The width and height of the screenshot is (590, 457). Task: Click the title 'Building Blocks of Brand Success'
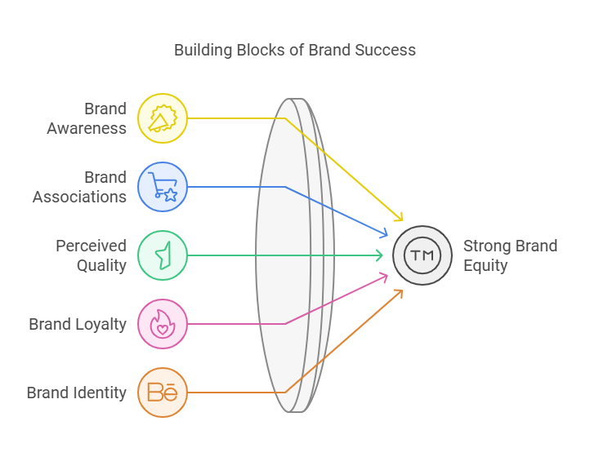295,50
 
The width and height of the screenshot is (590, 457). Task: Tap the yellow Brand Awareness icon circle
163,118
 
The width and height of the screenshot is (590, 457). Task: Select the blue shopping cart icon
163,187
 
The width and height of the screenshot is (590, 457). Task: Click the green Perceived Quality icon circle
163,255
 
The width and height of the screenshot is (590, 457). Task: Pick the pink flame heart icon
163,324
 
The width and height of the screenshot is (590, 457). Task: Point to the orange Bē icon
163,393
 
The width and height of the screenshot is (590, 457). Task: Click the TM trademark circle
422,255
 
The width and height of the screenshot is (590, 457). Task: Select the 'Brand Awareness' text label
87,118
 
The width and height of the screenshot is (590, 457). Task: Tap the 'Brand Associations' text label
80,187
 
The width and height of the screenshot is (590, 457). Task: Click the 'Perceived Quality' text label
91,255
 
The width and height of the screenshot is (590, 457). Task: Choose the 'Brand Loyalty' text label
78,324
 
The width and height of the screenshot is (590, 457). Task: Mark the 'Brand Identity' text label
77,393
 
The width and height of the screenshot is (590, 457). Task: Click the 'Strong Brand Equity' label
510,255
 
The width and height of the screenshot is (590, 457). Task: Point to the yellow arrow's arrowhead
400,218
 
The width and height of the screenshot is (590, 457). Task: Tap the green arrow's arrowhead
378,255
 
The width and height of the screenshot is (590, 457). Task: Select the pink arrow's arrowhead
383,277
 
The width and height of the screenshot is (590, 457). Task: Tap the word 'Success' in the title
385,50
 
